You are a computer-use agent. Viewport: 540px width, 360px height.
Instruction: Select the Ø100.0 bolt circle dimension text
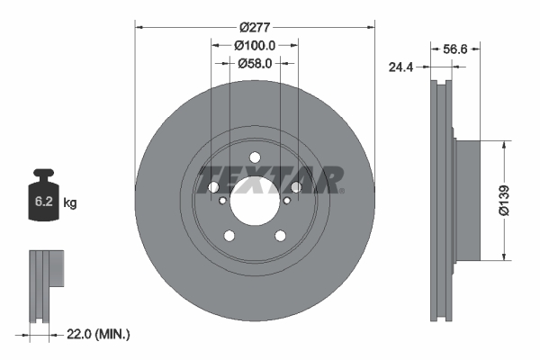pos(255,45)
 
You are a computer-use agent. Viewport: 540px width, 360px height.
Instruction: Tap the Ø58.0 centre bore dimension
pos(255,63)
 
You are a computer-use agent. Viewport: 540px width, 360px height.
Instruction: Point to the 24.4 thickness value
pos(401,66)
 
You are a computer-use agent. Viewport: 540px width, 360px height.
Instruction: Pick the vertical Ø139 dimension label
pos(505,200)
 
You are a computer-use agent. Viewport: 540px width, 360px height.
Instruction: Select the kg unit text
pos(70,203)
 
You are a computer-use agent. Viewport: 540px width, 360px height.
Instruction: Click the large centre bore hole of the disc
pos(255,198)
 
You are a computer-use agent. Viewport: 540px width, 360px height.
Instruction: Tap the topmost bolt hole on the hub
pos(255,158)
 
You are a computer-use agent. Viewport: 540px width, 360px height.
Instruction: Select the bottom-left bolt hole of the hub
pos(229,236)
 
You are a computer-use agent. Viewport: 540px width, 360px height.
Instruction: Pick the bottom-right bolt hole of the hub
pos(280,236)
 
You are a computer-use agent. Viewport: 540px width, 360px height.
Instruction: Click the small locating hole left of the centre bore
pos(220,202)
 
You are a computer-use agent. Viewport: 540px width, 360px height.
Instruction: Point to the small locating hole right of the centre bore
pos(289,202)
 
